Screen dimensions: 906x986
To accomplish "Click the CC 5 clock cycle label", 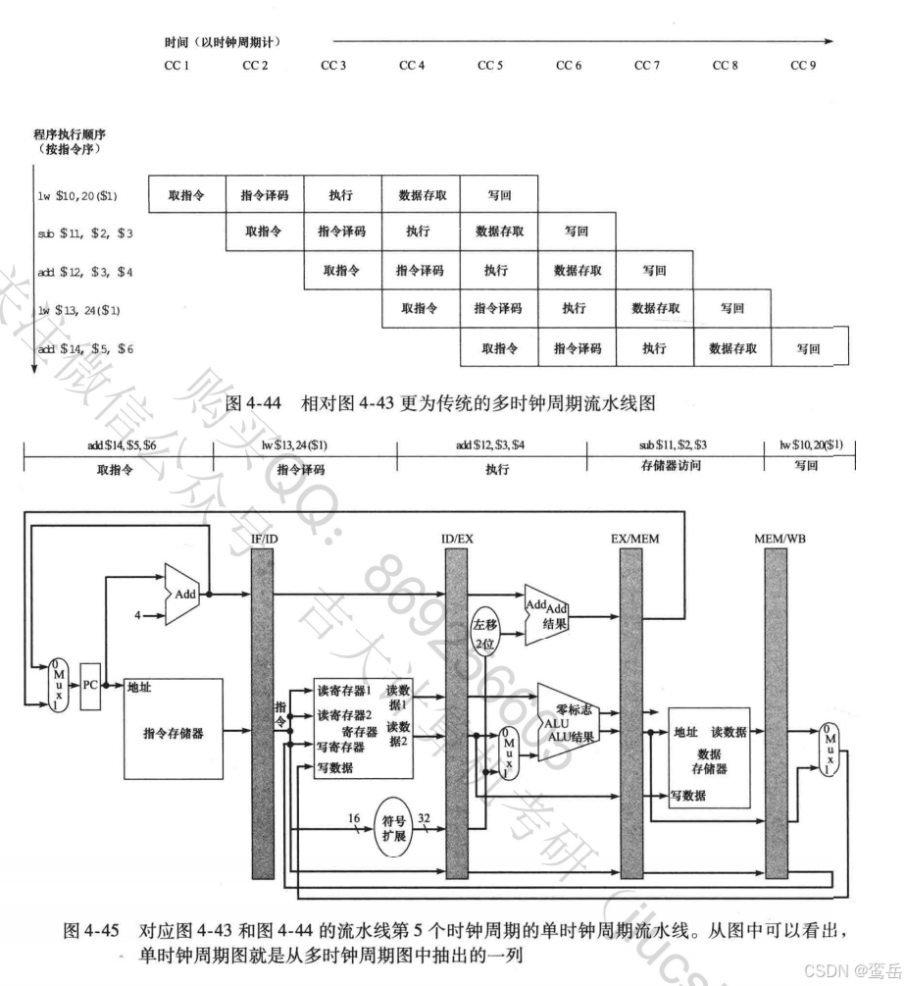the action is point(490,66).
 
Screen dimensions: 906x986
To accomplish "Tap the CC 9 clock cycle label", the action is point(804,66).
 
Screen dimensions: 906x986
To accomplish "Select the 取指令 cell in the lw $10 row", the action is point(186,196).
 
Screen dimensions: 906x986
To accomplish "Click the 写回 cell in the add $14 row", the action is point(808,348).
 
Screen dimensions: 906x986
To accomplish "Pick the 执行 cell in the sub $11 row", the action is point(418,233).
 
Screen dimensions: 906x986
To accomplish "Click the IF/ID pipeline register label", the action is point(265,538).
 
